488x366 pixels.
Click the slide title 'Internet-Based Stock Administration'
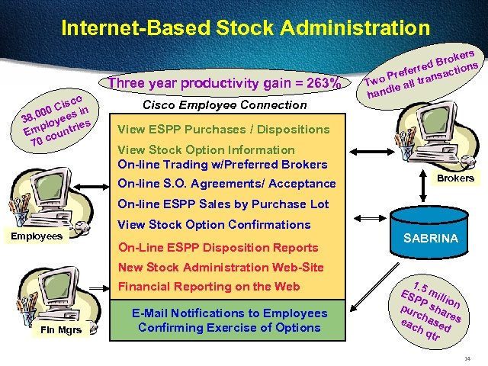(x=245, y=29)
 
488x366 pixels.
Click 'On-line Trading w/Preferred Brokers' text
(x=223, y=164)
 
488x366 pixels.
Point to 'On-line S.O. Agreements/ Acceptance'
(x=226, y=183)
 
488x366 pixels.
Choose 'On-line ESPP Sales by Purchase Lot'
(x=223, y=204)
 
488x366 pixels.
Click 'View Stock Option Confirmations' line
(x=214, y=224)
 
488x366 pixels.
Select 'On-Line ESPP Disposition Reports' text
(x=218, y=247)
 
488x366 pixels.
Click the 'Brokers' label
(x=455, y=178)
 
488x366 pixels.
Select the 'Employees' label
(x=35, y=236)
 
